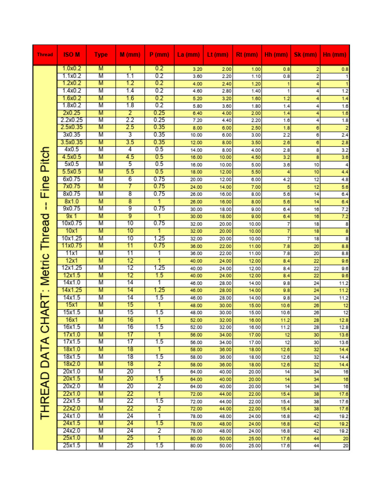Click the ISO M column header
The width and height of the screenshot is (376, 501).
click(x=71, y=55)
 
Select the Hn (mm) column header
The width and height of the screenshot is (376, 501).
click(x=335, y=55)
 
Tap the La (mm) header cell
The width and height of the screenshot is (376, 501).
click(x=188, y=55)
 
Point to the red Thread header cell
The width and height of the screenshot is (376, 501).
click(x=45, y=55)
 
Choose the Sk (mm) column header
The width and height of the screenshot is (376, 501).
click(x=305, y=55)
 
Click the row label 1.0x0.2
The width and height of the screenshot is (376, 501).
click(x=71, y=69)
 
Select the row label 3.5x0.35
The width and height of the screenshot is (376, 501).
click(x=71, y=142)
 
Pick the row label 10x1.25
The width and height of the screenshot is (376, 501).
click(x=71, y=238)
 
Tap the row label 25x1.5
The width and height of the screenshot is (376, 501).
click(x=71, y=446)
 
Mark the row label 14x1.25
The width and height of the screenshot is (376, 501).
click(x=71, y=290)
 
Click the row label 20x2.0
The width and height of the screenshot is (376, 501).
click(x=71, y=386)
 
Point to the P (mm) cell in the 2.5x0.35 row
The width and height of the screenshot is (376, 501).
click(x=159, y=128)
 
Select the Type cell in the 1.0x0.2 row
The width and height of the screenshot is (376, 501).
click(x=101, y=69)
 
